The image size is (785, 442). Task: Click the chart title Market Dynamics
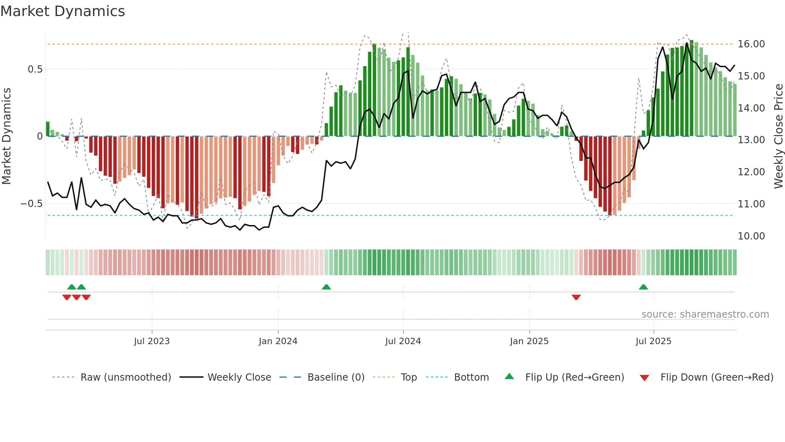tap(62, 11)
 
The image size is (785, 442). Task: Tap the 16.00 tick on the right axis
tap(751, 44)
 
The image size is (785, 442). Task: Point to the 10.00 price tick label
tap(751, 236)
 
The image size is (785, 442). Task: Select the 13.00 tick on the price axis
tap(751, 140)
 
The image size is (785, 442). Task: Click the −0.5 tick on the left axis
tap(31, 204)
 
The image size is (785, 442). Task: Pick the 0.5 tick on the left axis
tap(35, 69)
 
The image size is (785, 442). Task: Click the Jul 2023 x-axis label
tap(152, 341)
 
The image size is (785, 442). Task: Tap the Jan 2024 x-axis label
tap(278, 341)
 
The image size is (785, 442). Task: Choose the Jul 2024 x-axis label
tap(403, 341)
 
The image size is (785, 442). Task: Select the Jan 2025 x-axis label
tap(529, 341)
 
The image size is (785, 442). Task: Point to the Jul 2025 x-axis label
tap(653, 341)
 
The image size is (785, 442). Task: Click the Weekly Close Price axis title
tap(778, 136)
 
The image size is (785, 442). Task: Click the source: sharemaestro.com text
tap(705, 314)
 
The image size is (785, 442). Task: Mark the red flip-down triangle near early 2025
tap(576, 297)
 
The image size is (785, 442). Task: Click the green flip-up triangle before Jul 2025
tap(643, 287)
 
